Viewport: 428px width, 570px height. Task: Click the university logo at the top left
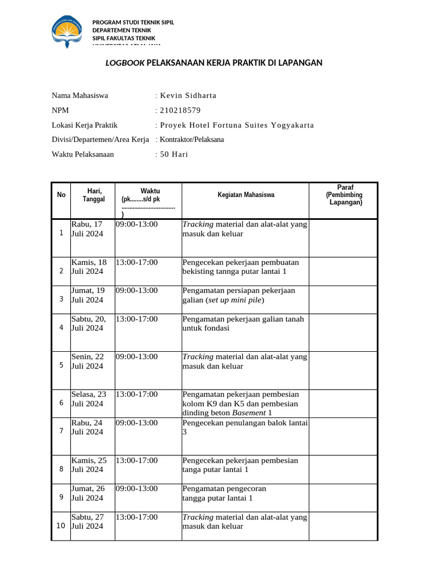(x=69, y=31)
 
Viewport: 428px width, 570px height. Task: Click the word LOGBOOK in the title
(x=125, y=63)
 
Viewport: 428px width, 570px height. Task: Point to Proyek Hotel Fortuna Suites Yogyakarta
(x=237, y=125)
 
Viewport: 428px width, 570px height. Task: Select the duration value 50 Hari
(x=174, y=154)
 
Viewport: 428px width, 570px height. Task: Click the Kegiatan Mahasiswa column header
(x=246, y=195)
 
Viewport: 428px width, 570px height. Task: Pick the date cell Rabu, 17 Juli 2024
(x=87, y=229)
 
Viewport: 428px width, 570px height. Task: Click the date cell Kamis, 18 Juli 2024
(x=89, y=267)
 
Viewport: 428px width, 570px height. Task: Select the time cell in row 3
(x=137, y=291)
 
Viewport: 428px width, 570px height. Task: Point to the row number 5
(x=61, y=366)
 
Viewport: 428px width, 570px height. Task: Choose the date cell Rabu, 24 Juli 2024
(x=87, y=427)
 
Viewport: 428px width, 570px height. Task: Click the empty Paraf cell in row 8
(x=343, y=469)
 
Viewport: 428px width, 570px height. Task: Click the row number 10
(x=61, y=526)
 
